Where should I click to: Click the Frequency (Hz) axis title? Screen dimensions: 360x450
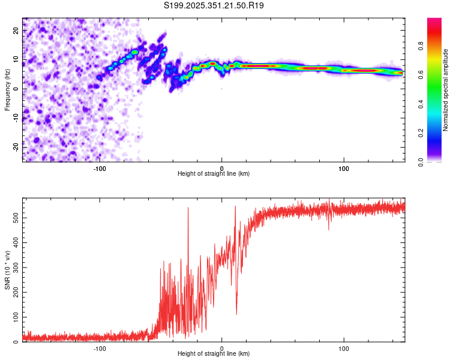[x=7, y=90]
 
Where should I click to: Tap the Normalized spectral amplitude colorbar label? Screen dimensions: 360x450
[x=446, y=90]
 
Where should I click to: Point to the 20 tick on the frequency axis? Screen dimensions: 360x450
[x=16, y=32]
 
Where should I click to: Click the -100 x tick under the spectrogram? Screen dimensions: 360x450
[x=100, y=168]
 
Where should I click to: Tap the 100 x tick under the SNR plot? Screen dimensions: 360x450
[x=344, y=349]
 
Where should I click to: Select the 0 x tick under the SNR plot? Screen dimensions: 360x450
[x=222, y=349]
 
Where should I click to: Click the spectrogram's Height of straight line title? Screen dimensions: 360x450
[x=214, y=174]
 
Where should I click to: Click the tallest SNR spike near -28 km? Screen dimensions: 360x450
[x=188, y=208]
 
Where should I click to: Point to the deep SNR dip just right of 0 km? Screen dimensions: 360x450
[x=236, y=314]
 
